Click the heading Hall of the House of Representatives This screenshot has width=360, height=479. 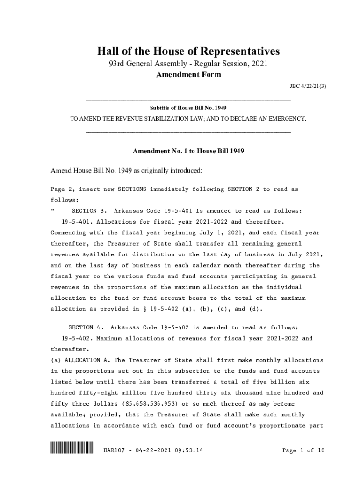pyautogui.click(x=188, y=51)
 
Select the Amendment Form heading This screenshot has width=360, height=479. pyautogui.click(x=188, y=75)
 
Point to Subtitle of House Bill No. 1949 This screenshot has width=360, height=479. pyautogui.click(x=188, y=108)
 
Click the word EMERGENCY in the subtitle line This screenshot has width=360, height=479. pyautogui.click(x=287, y=119)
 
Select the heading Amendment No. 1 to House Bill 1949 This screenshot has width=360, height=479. pyautogui.click(x=188, y=152)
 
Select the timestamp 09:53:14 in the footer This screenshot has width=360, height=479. pyautogui.click(x=187, y=451)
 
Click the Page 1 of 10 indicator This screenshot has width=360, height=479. pyautogui.click(x=303, y=451)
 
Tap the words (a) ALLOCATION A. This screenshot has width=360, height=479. pyautogui.click(x=75, y=360)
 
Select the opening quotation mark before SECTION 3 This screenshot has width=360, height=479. pyautogui.click(x=52, y=211)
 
